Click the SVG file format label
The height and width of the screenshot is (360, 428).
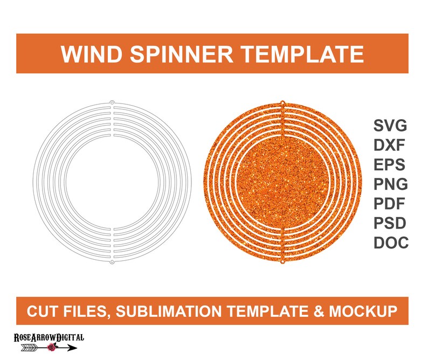(390, 127)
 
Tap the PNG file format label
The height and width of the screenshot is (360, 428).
(390, 184)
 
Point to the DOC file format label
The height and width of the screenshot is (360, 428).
(391, 243)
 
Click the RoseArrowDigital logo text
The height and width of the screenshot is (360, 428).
(49, 337)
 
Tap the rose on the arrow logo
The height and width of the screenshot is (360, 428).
(52, 349)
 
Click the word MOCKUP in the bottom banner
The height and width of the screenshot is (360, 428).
(368, 311)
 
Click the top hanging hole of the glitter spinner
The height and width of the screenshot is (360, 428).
(283, 102)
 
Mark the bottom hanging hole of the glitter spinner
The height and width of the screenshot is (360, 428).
(283, 262)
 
